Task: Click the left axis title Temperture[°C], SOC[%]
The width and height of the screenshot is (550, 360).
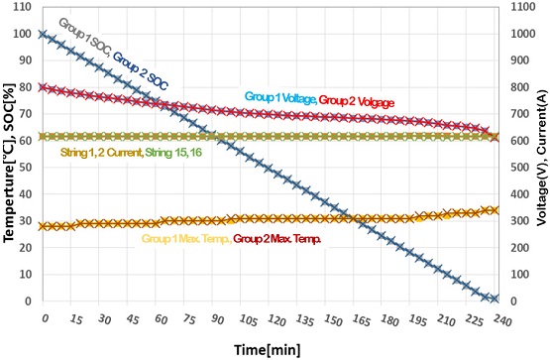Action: click(9, 163)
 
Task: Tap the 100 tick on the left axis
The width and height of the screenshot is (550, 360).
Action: click(23, 34)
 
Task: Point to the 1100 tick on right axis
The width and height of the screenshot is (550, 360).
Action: click(523, 7)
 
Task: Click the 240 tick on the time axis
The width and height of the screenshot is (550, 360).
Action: click(501, 320)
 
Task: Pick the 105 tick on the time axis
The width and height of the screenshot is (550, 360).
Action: click(249, 320)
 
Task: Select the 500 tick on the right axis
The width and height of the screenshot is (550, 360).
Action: click(520, 168)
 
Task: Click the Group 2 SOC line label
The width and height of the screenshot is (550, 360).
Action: click(140, 71)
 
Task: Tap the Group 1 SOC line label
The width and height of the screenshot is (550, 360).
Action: click(85, 39)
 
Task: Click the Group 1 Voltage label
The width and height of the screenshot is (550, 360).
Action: click(280, 98)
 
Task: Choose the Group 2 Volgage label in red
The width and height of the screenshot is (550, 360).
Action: click(357, 101)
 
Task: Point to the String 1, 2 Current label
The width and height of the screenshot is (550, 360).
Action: click(102, 153)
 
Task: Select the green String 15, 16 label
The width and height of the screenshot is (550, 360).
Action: click(173, 153)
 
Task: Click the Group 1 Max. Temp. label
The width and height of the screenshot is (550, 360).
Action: click(186, 239)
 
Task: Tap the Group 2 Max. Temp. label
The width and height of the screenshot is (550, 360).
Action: click(277, 239)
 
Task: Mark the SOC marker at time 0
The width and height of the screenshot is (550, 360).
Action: click(43, 34)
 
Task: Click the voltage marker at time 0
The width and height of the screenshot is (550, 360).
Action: click(43, 86)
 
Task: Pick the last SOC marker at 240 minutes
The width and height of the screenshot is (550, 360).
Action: click(495, 299)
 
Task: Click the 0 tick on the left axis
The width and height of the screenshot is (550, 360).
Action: click(28, 301)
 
